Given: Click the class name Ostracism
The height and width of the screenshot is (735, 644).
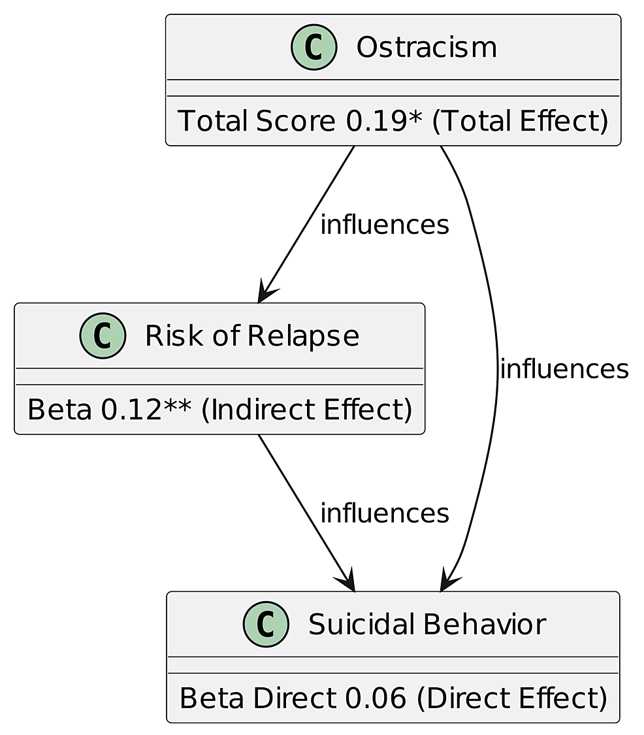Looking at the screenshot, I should (x=426, y=48).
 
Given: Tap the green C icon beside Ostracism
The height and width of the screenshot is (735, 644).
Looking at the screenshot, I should (x=314, y=48).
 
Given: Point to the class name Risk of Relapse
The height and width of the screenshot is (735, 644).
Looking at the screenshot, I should (x=251, y=336).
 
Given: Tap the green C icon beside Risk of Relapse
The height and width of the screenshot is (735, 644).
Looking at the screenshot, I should (x=103, y=336).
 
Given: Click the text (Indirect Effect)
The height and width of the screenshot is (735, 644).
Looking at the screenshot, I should (x=306, y=410).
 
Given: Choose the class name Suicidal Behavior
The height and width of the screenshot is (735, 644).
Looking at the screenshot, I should (x=427, y=625).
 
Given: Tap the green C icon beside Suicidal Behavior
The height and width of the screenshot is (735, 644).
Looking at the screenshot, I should (x=266, y=625).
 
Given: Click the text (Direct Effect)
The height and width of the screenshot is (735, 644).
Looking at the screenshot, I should (x=511, y=699).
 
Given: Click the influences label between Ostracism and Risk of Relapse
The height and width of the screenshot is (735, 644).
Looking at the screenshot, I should (x=384, y=225).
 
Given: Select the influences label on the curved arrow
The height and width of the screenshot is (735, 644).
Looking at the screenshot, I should (x=564, y=370).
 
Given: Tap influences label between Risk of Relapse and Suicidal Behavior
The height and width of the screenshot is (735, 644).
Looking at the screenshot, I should (x=384, y=515).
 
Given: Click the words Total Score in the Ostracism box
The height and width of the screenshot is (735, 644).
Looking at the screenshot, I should (x=258, y=122).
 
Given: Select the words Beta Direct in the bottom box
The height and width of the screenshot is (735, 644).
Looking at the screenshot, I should (x=258, y=699).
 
